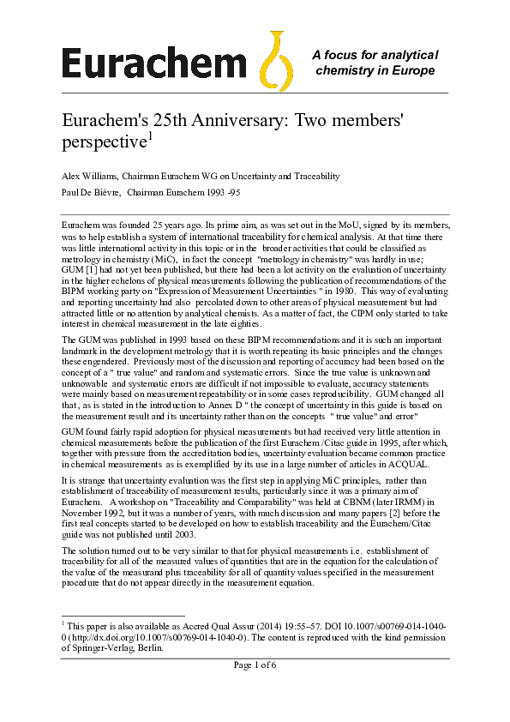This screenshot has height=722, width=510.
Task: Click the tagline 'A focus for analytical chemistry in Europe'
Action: coord(375,62)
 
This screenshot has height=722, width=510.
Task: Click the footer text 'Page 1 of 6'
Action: coord(255,665)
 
